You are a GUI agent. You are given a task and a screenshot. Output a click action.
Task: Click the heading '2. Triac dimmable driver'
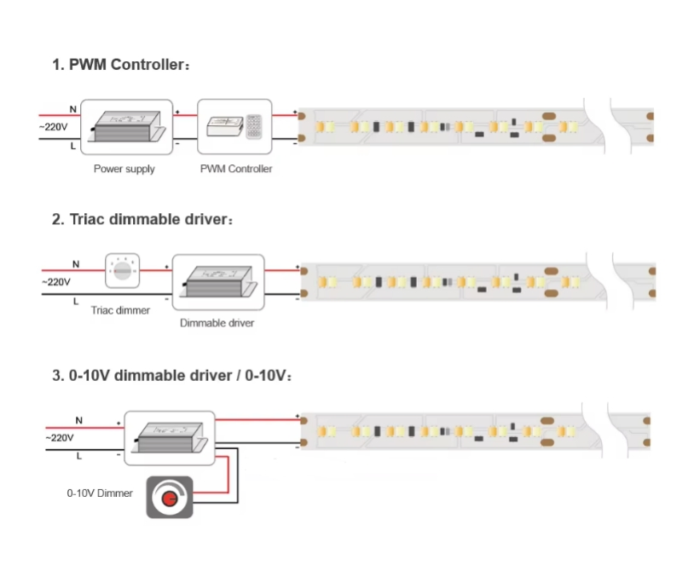(x=142, y=219)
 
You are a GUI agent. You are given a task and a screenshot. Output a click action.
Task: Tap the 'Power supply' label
(x=124, y=170)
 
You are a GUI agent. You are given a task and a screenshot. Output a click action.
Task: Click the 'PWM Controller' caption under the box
(x=236, y=170)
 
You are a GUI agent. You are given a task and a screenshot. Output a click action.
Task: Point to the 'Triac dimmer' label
(x=120, y=310)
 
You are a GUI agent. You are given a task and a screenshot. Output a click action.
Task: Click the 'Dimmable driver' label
(x=217, y=323)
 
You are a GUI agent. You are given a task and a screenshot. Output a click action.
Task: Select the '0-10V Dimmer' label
(x=100, y=493)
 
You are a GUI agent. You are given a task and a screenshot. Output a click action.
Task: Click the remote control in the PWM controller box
(x=255, y=126)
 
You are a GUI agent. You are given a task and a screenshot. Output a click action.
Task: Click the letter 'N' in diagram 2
(x=75, y=264)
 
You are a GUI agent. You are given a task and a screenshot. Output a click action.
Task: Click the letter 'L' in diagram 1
(x=72, y=146)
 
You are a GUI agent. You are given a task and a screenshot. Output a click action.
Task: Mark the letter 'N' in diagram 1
(x=72, y=109)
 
